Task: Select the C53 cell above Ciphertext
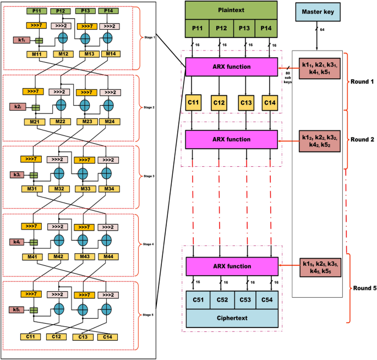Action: [x=247, y=299]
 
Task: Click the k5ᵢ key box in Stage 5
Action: [x=19, y=310]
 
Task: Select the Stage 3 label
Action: [x=149, y=176]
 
